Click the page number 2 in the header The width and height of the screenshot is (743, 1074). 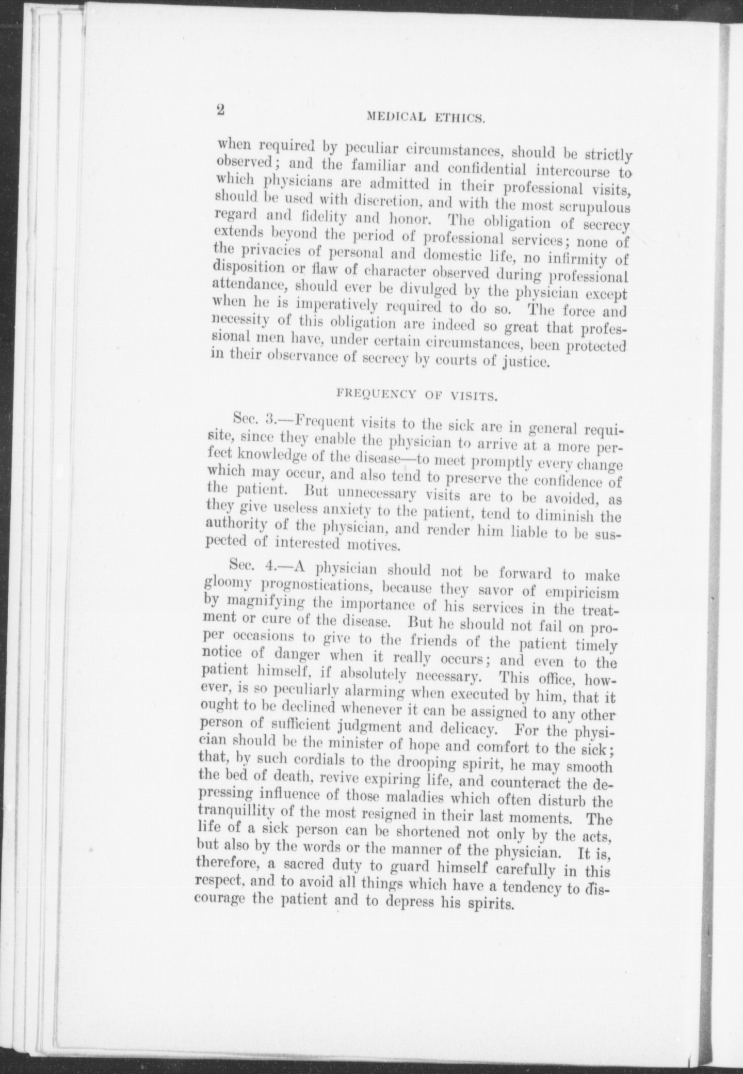(x=221, y=110)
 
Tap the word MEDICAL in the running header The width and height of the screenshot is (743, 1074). (x=396, y=117)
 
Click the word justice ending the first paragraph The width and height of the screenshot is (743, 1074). (x=525, y=361)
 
